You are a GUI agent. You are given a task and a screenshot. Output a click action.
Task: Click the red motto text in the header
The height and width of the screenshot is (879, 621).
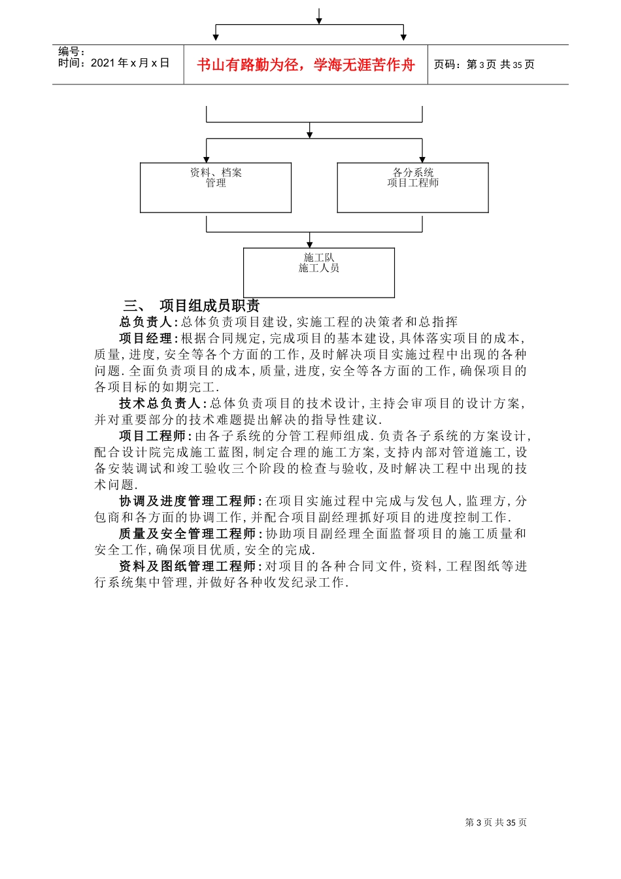[305, 65]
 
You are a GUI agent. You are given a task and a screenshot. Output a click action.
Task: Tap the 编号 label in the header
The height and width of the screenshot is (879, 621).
[71, 52]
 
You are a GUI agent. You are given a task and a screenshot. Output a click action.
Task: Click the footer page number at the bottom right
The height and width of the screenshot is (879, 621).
[495, 822]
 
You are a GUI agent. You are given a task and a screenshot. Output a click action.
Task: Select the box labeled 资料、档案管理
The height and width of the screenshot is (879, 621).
[216, 188]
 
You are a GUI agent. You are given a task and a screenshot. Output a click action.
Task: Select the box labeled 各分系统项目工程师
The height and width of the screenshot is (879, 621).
[412, 188]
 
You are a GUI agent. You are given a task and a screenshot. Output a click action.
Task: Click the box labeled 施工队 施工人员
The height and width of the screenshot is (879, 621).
[319, 273]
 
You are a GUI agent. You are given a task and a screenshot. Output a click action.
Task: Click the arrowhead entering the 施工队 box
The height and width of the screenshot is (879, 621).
[310, 244]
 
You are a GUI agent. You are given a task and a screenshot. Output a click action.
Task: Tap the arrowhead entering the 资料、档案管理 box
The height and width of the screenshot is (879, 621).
[207, 160]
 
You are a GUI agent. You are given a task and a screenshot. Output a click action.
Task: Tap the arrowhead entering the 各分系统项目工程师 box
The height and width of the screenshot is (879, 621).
[422, 160]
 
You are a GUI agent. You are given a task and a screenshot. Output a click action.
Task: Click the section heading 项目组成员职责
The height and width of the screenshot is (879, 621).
[210, 305]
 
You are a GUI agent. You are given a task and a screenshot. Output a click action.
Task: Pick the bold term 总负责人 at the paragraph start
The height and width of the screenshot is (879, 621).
[146, 322]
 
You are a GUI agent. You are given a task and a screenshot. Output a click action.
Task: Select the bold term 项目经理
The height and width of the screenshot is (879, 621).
[146, 338]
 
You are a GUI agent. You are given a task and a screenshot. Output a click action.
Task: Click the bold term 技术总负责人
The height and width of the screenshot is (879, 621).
[160, 404]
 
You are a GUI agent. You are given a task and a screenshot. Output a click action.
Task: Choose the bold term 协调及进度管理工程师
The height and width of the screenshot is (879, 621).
[188, 501]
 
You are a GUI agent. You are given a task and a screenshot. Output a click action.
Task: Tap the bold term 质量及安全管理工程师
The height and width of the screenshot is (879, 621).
[188, 534]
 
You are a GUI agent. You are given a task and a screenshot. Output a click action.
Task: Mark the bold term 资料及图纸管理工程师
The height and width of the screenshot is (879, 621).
[188, 566]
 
